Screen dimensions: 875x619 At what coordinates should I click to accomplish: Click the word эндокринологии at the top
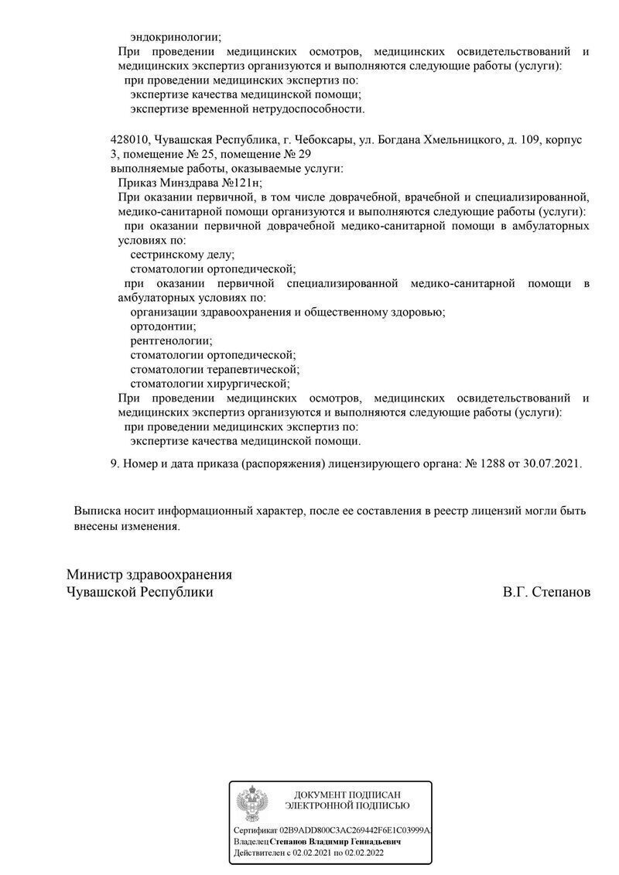tap(176, 36)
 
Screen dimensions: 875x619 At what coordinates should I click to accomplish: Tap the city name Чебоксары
tap(320, 139)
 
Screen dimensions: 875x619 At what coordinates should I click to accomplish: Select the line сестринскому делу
tap(183, 255)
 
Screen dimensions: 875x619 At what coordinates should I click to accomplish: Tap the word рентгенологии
tap(171, 340)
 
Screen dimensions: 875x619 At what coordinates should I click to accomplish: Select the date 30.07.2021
tap(551, 463)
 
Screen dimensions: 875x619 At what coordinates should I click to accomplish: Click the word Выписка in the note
tap(97, 511)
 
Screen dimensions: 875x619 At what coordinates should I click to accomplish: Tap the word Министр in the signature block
tap(95, 575)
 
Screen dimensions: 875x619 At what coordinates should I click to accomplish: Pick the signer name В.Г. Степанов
tap(545, 592)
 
